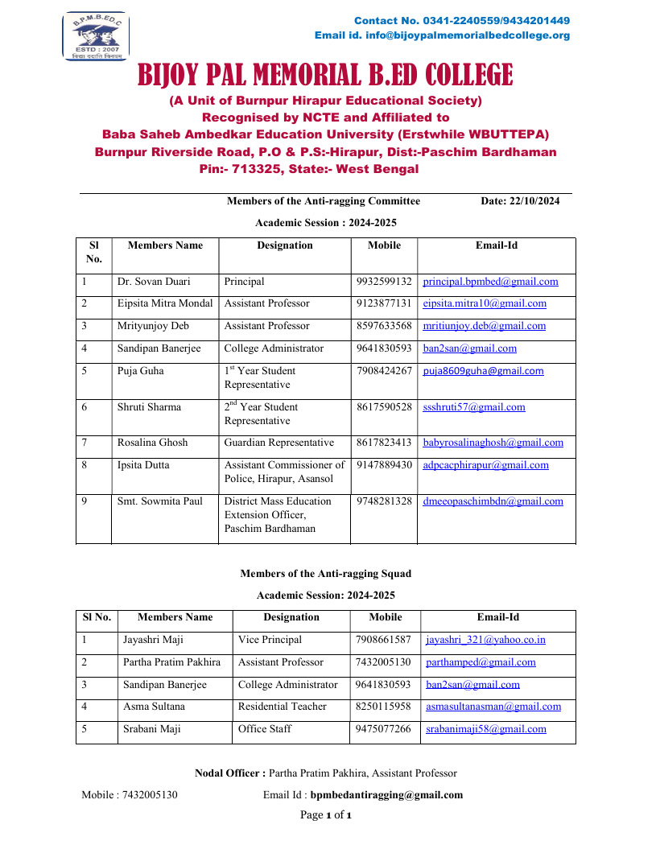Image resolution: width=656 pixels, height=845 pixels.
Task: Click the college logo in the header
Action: tap(96, 36)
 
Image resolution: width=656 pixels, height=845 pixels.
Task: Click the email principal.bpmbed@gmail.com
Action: tap(490, 282)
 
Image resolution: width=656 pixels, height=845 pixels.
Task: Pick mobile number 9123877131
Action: tap(384, 303)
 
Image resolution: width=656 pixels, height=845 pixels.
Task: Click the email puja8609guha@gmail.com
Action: tap(483, 371)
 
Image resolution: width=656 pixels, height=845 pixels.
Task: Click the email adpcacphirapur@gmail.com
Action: tap(485, 465)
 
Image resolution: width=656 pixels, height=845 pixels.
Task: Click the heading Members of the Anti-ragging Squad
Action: tap(325, 574)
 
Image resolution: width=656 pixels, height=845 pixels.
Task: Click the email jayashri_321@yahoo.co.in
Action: tap(485, 640)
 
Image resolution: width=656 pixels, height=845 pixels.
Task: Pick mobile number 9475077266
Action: tap(383, 729)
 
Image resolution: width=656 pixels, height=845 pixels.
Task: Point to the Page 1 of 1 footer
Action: tap(325, 815)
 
